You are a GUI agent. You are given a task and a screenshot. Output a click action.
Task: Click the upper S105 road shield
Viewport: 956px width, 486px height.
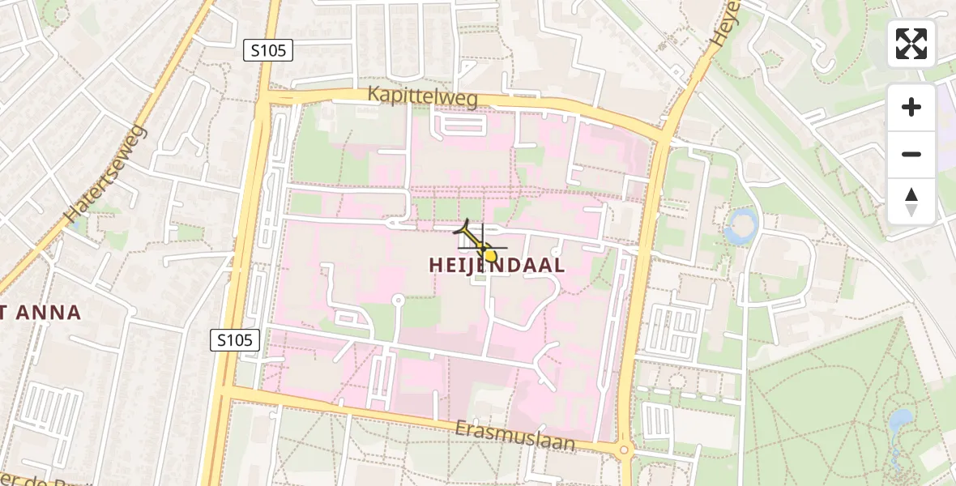268,51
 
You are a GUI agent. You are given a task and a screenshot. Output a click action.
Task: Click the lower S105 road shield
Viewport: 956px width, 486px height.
236,340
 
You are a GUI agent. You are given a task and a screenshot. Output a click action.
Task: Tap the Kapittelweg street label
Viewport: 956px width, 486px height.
423,96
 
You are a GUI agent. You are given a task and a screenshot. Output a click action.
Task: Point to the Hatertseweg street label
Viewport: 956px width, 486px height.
106,174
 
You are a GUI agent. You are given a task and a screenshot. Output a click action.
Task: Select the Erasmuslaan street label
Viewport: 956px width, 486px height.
514,436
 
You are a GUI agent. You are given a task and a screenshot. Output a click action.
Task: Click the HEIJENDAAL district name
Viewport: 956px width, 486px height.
497,266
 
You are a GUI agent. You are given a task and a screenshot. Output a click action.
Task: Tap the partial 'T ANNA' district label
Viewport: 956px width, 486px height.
41,313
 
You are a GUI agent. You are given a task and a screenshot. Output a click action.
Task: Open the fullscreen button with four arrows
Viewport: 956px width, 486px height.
911,44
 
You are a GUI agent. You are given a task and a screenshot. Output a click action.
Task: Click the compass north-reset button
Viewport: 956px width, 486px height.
911,202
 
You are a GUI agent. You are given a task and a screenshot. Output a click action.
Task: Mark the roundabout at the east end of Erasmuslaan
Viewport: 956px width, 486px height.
624,450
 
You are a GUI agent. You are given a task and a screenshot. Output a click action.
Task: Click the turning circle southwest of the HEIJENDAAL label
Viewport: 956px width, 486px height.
398,301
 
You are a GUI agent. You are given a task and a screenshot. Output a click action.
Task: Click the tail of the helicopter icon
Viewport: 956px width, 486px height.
467,228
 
